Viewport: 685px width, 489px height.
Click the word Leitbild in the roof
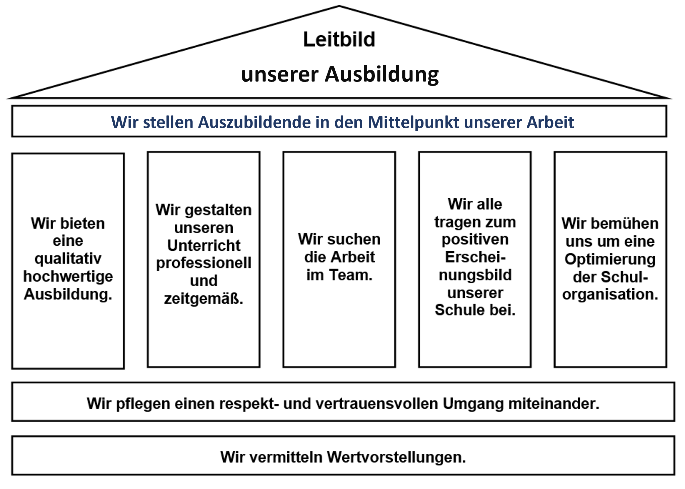click(339, 39)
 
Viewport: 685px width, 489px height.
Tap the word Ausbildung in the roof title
click(382, 75)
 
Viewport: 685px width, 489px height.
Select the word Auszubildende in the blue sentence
click(254, 122)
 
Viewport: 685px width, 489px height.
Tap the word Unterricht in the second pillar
click(204, 245)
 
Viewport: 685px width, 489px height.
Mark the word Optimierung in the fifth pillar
click(610, 260)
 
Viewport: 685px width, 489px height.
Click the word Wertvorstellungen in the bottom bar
click(396, 457)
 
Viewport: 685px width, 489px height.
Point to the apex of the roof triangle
click(339, 6)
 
